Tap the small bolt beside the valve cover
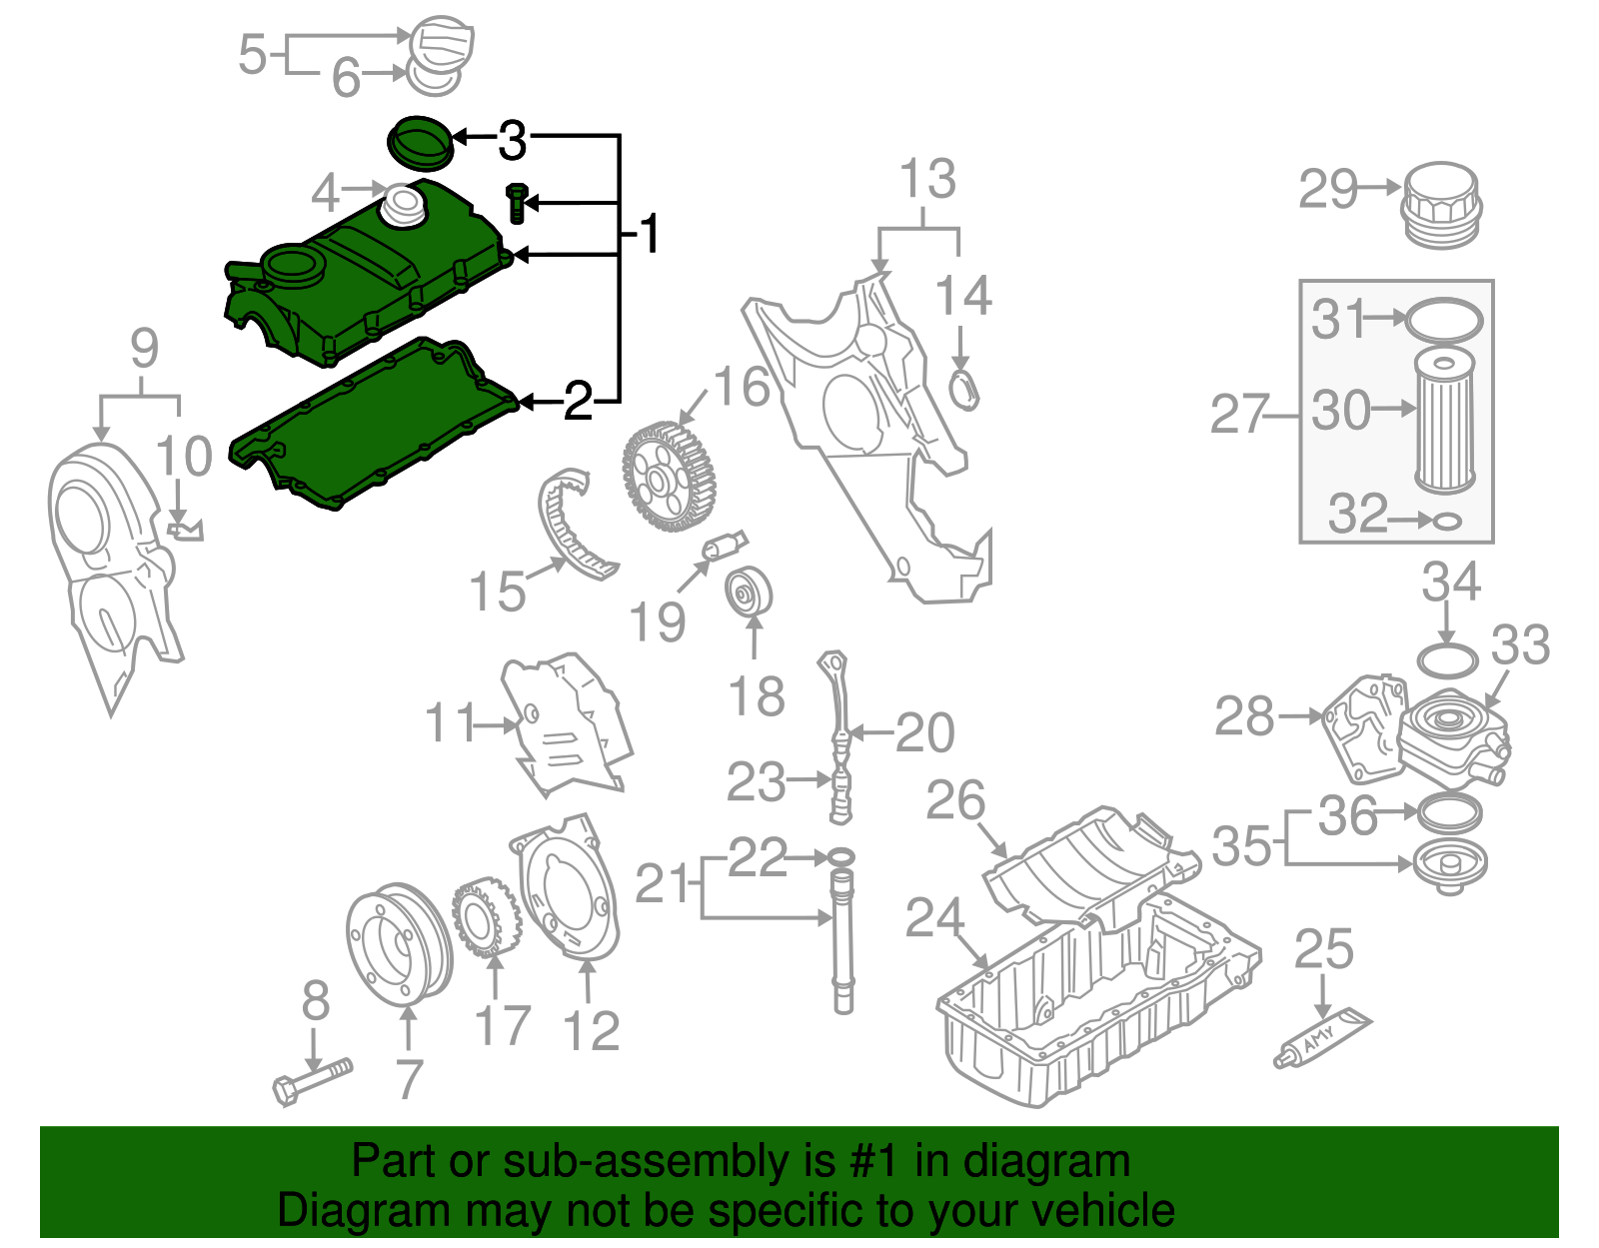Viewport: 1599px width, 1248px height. pos(517,203)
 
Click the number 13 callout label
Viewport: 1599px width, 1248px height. pos(927,180)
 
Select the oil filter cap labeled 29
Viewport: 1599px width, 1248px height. pos(1440,206)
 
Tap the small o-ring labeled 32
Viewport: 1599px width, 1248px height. pos(1447,521)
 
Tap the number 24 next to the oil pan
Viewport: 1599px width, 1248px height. pos(934,917)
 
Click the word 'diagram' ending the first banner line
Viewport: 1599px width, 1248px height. pos(1047,1162)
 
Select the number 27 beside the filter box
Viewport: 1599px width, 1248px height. pos(1238,414)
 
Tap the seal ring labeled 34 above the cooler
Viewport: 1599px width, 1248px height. pos(1447,660)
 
